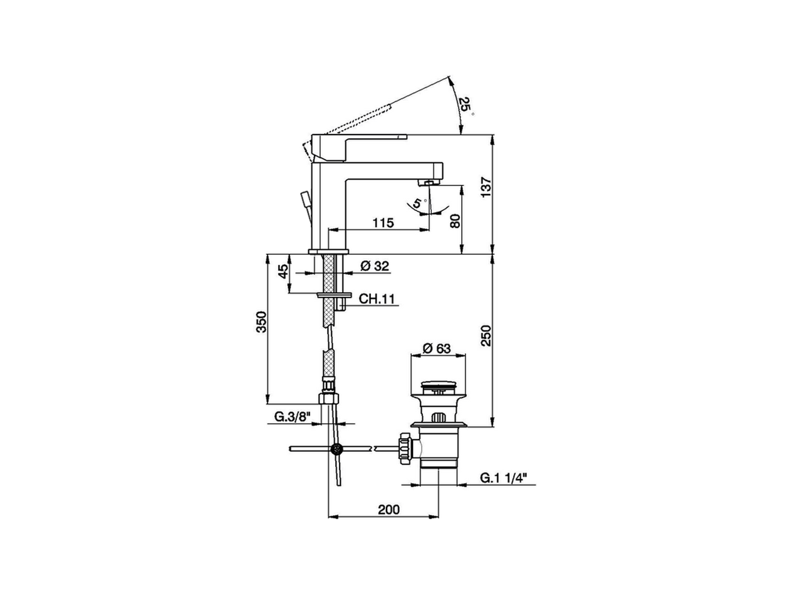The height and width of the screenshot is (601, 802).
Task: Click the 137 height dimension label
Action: [x=486, y=187]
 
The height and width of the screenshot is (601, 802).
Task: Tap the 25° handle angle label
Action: [x=466, y=106]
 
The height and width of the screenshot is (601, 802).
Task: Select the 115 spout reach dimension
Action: [x=383, y=222]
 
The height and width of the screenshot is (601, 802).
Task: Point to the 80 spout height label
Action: [x=456, y=221]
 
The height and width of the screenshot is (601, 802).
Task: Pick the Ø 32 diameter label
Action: [x=375, y=266]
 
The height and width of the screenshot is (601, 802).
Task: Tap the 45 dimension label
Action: [x=284, y=271]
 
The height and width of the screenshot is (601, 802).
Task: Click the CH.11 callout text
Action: [x=377, y=299]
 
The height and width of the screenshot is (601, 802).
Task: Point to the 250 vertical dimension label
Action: [x=486, y=336]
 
